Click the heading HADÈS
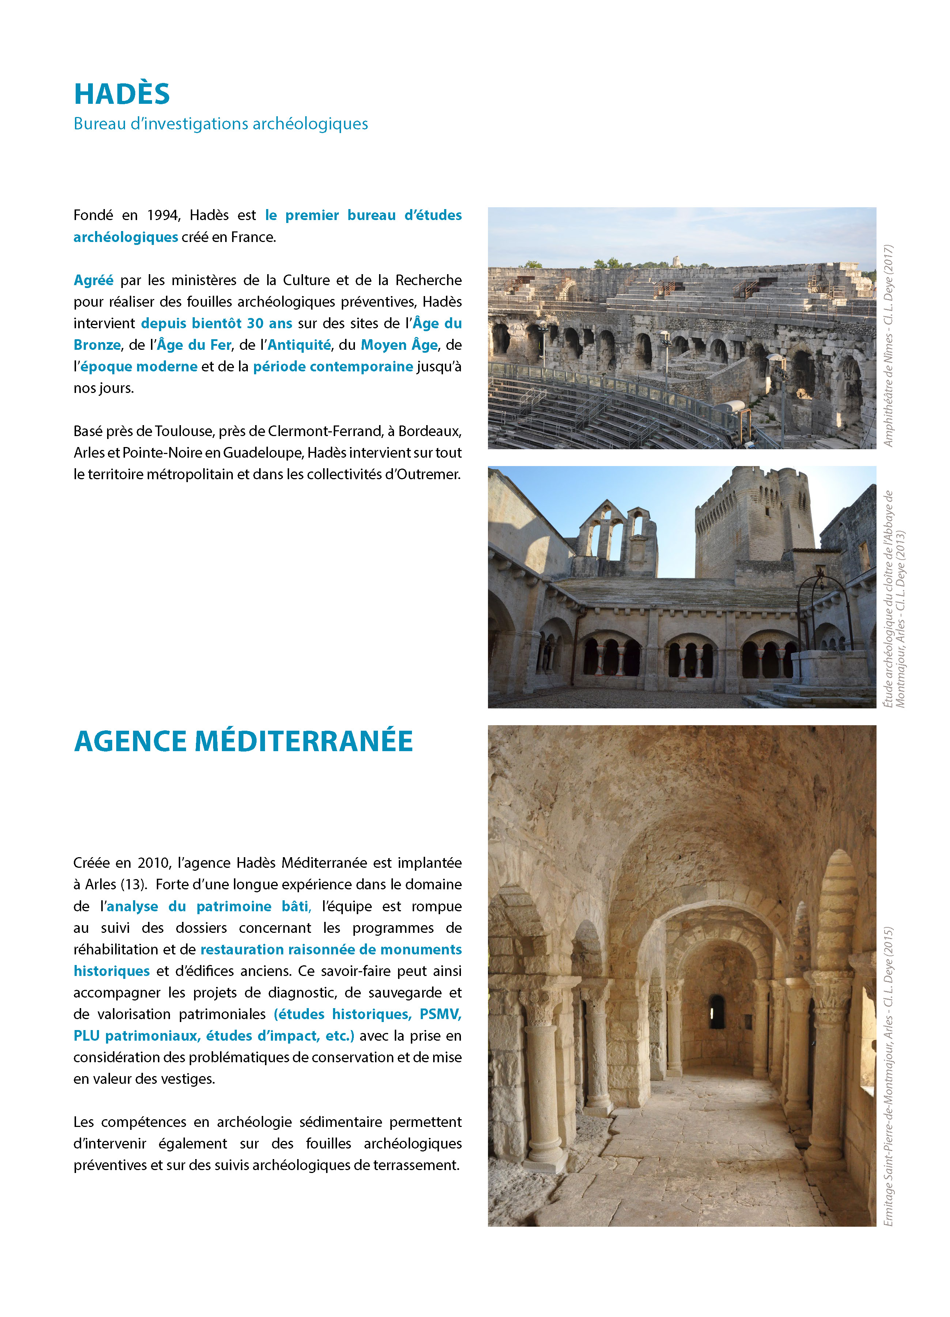122,94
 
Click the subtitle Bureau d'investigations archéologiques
221,124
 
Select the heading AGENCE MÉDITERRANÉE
243,742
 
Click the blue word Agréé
94,280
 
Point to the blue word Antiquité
299,345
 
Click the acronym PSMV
440,1014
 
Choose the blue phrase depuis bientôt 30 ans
217,323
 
